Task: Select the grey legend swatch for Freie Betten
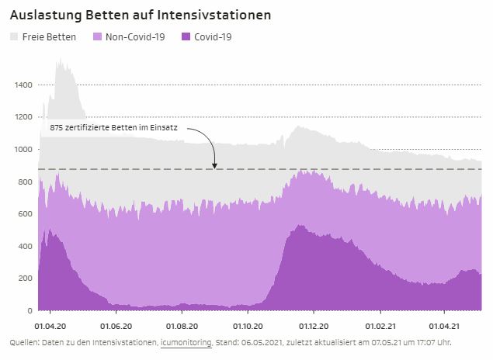[13, 36]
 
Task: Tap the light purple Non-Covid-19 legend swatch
[97, 36]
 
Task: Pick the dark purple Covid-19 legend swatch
[185, 36]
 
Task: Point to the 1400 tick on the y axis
[23, 85]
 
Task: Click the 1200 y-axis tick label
[23, 117]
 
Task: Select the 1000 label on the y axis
[23, 149]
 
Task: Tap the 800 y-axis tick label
[26, 182]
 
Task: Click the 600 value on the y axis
[26, 214]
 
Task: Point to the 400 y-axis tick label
[26, 246]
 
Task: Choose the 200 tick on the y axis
[26, 279]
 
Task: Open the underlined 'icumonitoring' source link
[186, 342]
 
